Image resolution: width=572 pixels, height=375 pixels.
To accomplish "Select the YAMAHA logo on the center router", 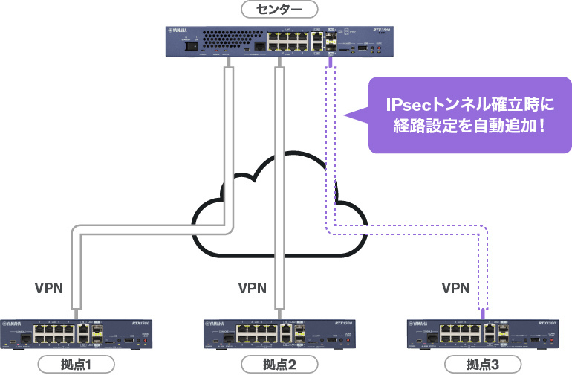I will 181,31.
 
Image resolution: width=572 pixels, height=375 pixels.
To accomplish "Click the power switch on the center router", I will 195,45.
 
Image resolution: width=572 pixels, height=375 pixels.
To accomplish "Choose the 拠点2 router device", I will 279,334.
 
